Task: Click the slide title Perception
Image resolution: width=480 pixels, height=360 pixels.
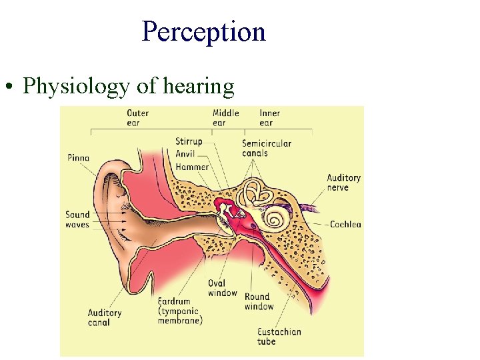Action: coord(203,31)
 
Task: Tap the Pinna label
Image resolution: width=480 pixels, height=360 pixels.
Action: coord(78,158)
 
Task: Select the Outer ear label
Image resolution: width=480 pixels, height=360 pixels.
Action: coord(137,117)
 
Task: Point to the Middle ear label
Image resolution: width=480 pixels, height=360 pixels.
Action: coord(225,117)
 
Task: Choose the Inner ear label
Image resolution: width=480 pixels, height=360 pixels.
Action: coord(270,117)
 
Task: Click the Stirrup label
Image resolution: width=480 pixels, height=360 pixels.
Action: coord(189,141)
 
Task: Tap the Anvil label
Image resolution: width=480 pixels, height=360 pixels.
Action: coord(185,154)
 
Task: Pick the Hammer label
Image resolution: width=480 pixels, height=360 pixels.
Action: coord(192,167)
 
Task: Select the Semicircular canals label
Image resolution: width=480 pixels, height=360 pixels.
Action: coord(266,148)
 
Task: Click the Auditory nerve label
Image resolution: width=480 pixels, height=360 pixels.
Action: coord(343,182)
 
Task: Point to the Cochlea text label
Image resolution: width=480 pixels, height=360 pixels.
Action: coord(345,225)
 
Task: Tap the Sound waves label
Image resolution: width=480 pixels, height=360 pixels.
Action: coord(77,219)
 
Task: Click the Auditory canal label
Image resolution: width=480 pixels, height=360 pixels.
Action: coord(105,317)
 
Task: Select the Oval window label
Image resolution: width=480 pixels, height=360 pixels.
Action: coord(222,288)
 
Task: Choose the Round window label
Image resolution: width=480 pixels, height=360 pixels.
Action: coord(259,301)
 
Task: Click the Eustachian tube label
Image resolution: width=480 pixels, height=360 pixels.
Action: coord(279,337)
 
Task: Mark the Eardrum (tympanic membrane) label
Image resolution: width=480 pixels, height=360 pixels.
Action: coord(180,311)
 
